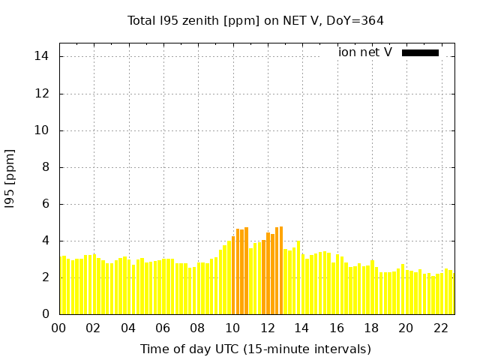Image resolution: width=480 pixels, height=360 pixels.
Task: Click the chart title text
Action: click(256, 20)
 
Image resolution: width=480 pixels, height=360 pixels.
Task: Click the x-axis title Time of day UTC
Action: click(255, 349)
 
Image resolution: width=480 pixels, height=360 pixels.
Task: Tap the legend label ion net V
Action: click(364, 52)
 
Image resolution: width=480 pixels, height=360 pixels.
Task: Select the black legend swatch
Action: click(420, 52)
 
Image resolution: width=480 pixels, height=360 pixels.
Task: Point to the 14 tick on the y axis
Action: click(42, 57)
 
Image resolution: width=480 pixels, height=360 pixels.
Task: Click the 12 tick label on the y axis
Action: click(42, 94)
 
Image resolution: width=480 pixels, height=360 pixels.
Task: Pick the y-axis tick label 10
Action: click(42, 130)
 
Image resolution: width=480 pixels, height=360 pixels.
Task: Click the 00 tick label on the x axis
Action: click(59, 328)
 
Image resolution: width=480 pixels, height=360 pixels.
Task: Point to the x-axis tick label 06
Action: click(163, 328)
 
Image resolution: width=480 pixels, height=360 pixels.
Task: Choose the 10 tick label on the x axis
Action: click(232, 328)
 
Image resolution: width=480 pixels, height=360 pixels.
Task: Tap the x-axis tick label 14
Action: click(302, 328)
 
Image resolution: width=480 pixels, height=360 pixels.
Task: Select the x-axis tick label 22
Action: click(441, 328)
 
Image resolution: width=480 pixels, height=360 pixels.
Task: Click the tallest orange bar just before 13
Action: click(281, 270)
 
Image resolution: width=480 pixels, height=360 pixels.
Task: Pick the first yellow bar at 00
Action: click(63, 285)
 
